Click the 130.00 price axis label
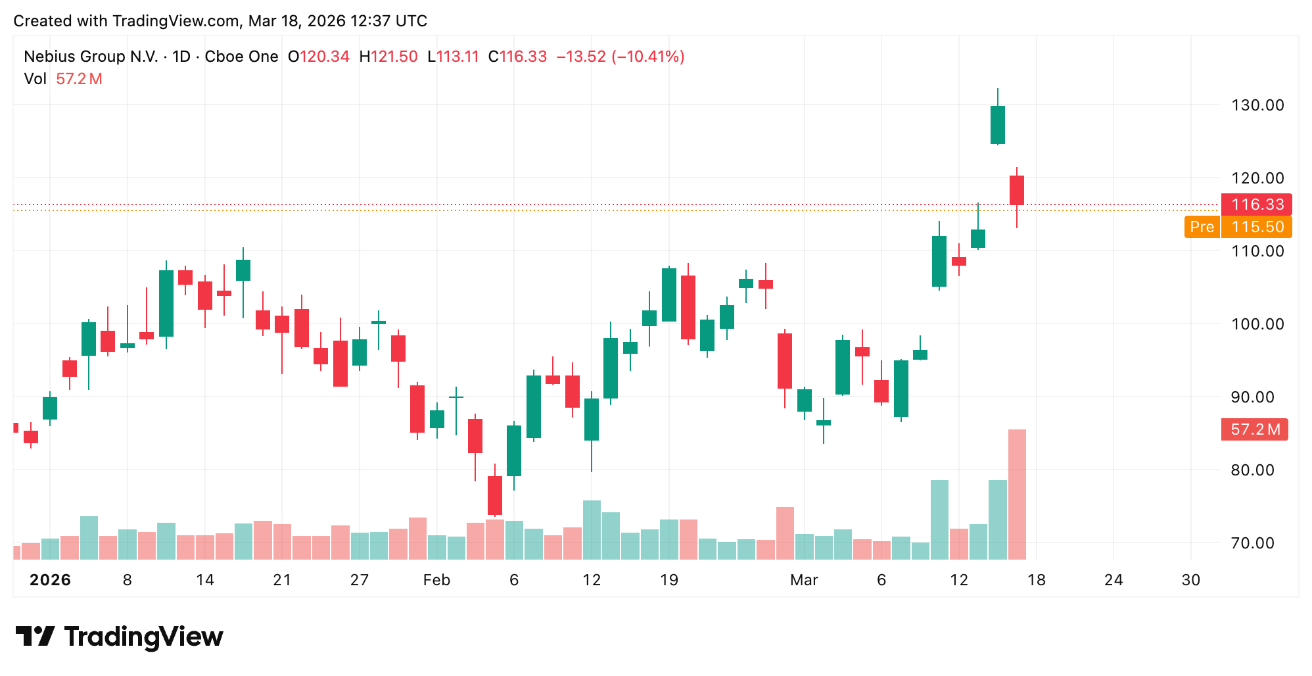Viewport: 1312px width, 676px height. click(x=1257, y=105)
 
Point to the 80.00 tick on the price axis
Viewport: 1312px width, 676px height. click(x=1257, y=470)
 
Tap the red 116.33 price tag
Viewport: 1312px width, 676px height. click(x=1256, y=205)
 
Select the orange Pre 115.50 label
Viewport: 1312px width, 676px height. click(x=1238, y=227)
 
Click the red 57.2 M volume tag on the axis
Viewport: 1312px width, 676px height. click(x=1254, y=429)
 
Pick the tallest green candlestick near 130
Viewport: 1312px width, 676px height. click(x=997, y=125)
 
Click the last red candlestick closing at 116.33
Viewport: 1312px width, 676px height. click(x=1016, y=190)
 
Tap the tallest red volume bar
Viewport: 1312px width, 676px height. click(x=1017, y=493)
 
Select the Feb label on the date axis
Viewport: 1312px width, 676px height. click(x=436, y=580)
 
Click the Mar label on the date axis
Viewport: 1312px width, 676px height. click(x=804, y=580)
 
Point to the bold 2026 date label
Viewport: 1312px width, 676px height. click(x=51, y=580)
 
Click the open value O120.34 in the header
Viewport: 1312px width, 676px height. click(x=319, y=57)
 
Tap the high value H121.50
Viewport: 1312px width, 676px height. click(x=388, y=57)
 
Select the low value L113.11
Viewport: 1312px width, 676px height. click(x=453, y=57)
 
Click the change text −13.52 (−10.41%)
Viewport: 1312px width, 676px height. click(x=621, y=57)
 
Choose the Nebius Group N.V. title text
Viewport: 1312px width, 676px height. click(x=91, y=57)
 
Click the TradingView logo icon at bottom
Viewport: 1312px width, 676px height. click(x=35, y=636)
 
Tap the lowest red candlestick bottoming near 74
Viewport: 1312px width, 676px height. click(x=495, y=495)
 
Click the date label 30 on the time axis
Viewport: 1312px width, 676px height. click(x=1190, y=580)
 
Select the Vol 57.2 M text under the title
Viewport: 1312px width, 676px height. click(x=63, y=79)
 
